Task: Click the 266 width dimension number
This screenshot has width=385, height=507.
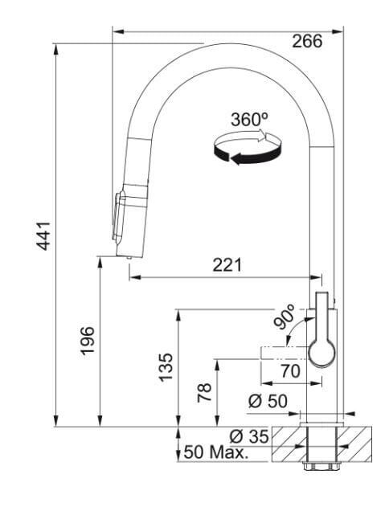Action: (307, 42)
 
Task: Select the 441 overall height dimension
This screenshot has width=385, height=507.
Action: (43, 236)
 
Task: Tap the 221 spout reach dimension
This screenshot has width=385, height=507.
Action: (227, 265)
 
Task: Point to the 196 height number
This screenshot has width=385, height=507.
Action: (88, 341)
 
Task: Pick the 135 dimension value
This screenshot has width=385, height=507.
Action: (166, 367)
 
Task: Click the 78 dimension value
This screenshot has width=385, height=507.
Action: (204, 393)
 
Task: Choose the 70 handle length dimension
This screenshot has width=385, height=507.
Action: (290, 371)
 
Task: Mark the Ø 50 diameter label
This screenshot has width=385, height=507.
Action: (268, 401)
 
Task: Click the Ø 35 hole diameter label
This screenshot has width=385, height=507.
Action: (249, 436)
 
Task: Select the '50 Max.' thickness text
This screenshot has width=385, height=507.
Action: (215, 452)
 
